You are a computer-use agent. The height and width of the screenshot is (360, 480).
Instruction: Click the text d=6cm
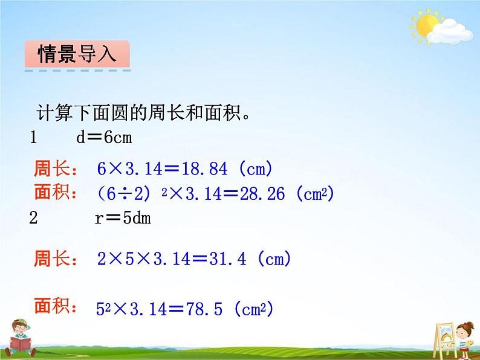click(x=104, y=138)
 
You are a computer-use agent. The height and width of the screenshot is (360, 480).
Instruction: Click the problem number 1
click(x=34, y=138)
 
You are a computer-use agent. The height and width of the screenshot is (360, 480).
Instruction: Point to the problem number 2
click(x=34, y=218)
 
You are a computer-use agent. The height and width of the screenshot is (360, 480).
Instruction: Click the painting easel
click(x=444, y=339)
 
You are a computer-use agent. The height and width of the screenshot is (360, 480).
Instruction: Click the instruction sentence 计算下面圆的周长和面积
click(x=144, y=112)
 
